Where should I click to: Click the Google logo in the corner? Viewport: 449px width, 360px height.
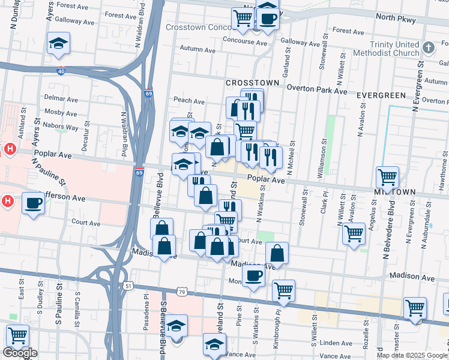(x=20, y=353)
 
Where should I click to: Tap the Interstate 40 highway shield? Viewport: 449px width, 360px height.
(x=61, y=71)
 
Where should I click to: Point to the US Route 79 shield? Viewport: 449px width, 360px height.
(x=182, y=292)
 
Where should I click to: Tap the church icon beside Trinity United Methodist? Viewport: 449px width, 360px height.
(x=428, y=47)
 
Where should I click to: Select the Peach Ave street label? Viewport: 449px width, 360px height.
(x=189, y=101)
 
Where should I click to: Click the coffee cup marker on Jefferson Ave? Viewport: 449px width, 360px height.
(x=33, y=203)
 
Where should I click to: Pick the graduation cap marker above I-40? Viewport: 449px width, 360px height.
(x=58, y=43)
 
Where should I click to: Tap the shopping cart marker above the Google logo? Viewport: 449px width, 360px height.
(x=17, y=336)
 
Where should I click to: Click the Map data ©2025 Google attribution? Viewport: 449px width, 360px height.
(x=412, y=355)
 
